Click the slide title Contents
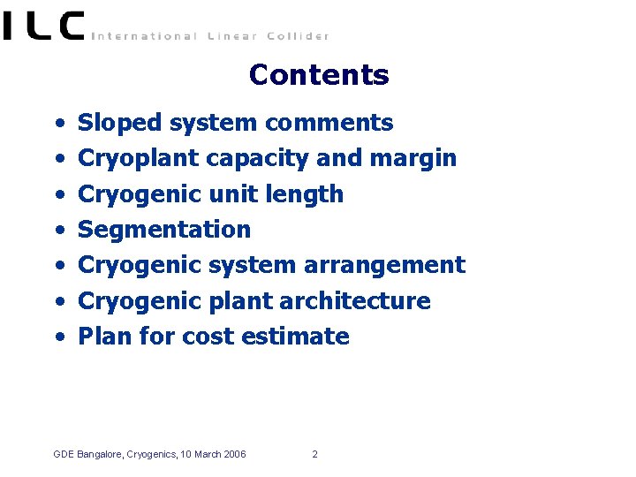[x=318, y=75]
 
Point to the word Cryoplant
[x=139, y=159]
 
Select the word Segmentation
[x=164, y=230]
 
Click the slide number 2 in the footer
[x=314, y=455]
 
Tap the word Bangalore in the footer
[x=99, y=455]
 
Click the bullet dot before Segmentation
[x=57, y=231]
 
